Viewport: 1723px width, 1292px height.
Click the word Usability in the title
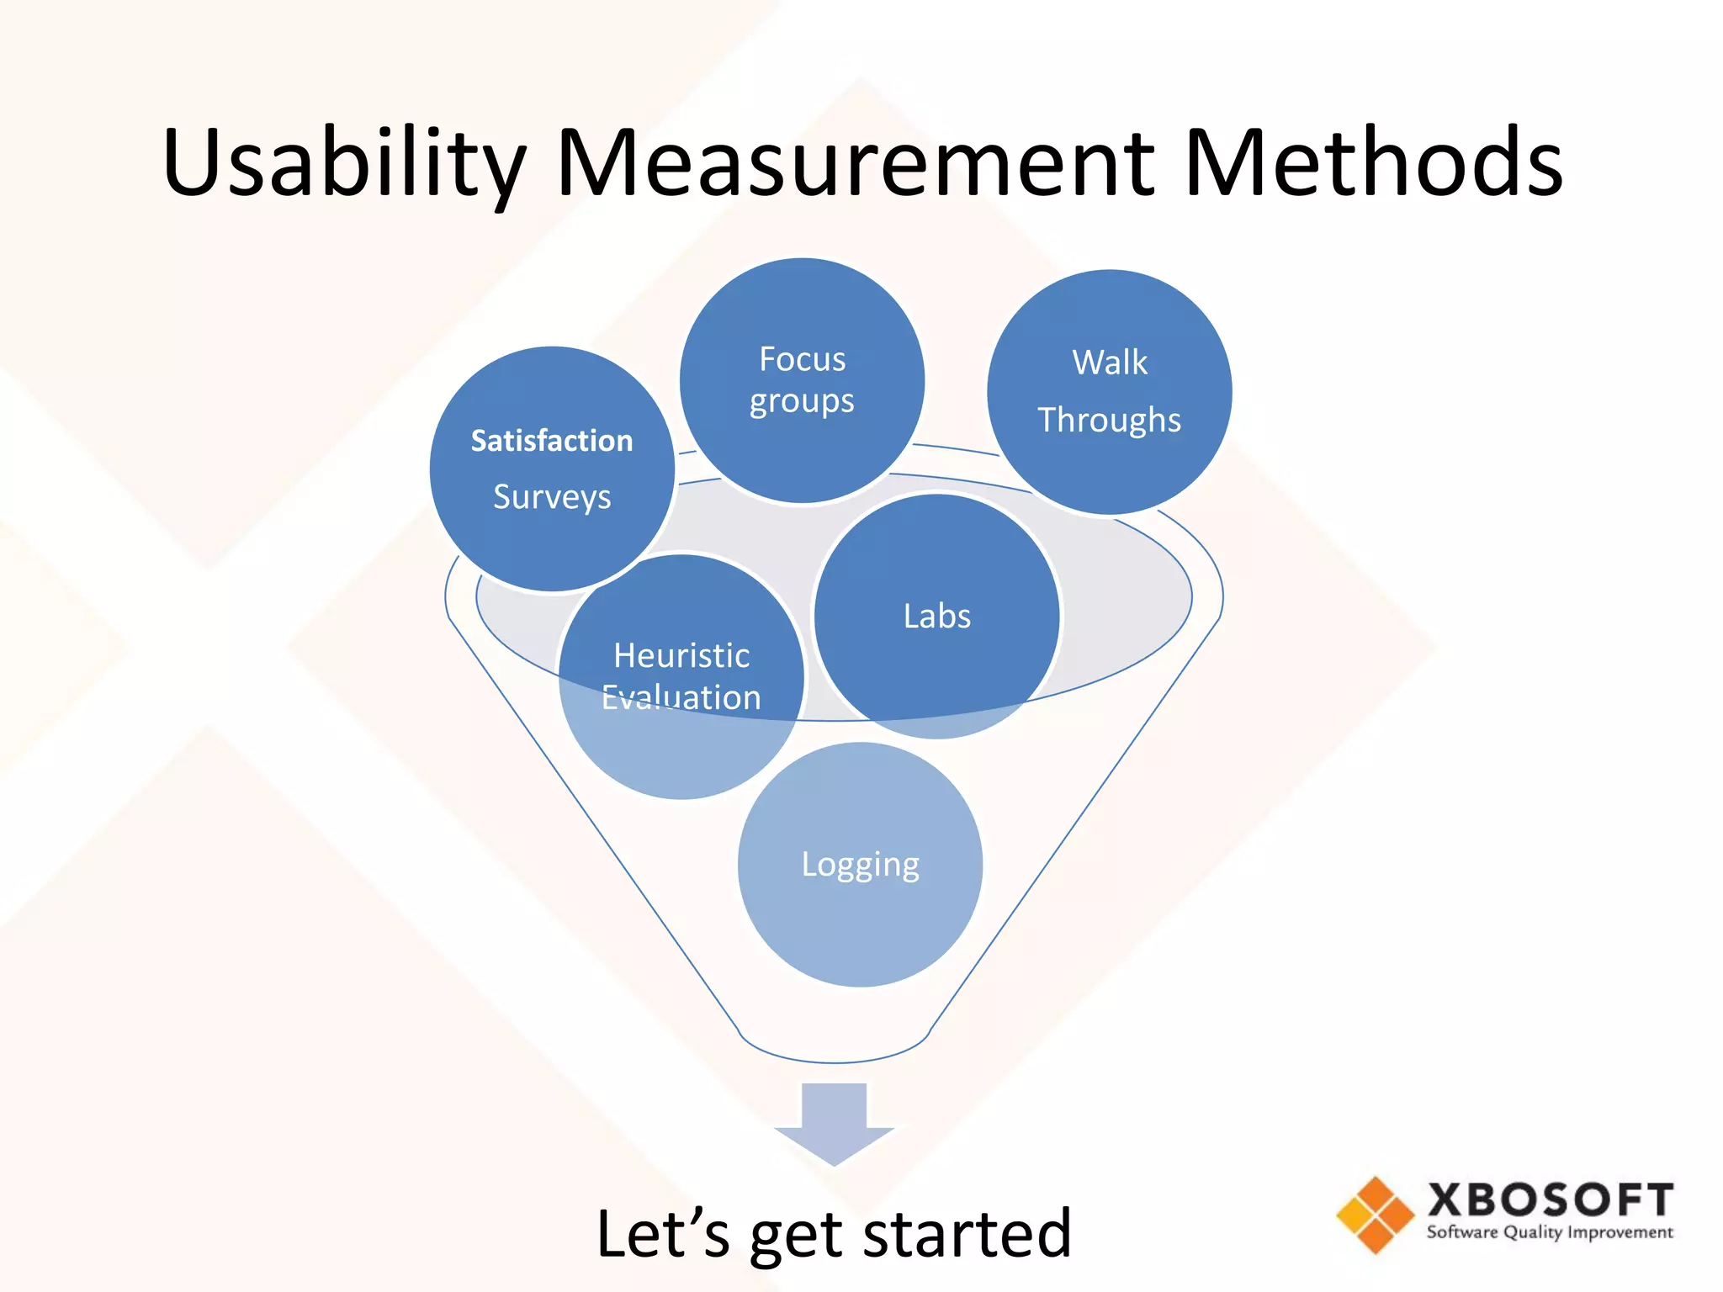pos(343,163)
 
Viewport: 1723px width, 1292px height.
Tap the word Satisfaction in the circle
pos(552,441)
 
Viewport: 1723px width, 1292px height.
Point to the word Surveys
pos(552,497)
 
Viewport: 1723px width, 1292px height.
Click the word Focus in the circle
pos(802,359)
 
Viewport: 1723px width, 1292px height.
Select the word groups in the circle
pos(802,402)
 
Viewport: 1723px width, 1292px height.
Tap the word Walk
pos(1109,363)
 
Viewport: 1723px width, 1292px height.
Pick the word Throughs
pos(1109,420)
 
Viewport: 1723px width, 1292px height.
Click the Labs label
pos(936,616)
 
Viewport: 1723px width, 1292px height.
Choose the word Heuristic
pos(681,655)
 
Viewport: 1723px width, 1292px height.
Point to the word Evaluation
pos(681,697)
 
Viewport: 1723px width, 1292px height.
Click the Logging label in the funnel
pos(860,865)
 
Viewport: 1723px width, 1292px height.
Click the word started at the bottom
pos(968,1234)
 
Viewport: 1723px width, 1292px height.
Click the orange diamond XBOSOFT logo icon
pos(1375,1215)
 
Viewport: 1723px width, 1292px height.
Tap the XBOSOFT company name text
pos(1550,1200)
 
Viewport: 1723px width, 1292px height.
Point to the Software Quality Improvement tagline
pos(1550,1233)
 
